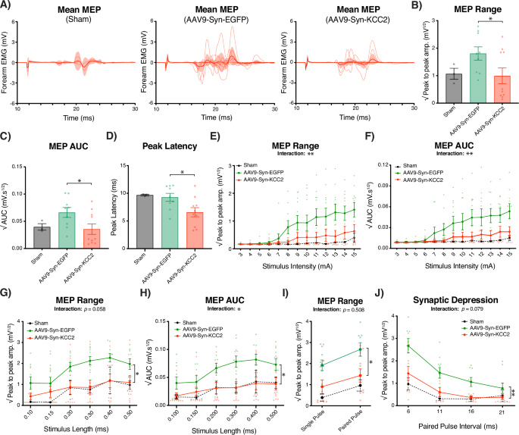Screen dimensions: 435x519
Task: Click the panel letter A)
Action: [7, 6]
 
